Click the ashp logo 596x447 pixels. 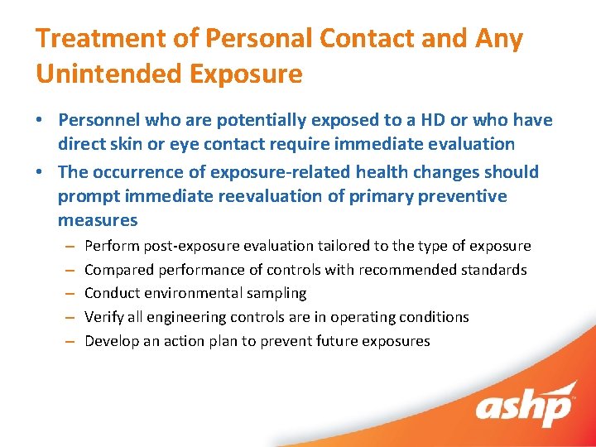[523, 406]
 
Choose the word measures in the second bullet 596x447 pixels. [98, 220]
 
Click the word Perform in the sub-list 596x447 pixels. [112, 246]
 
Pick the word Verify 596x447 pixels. [104, 317]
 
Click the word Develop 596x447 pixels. [112, 341]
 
